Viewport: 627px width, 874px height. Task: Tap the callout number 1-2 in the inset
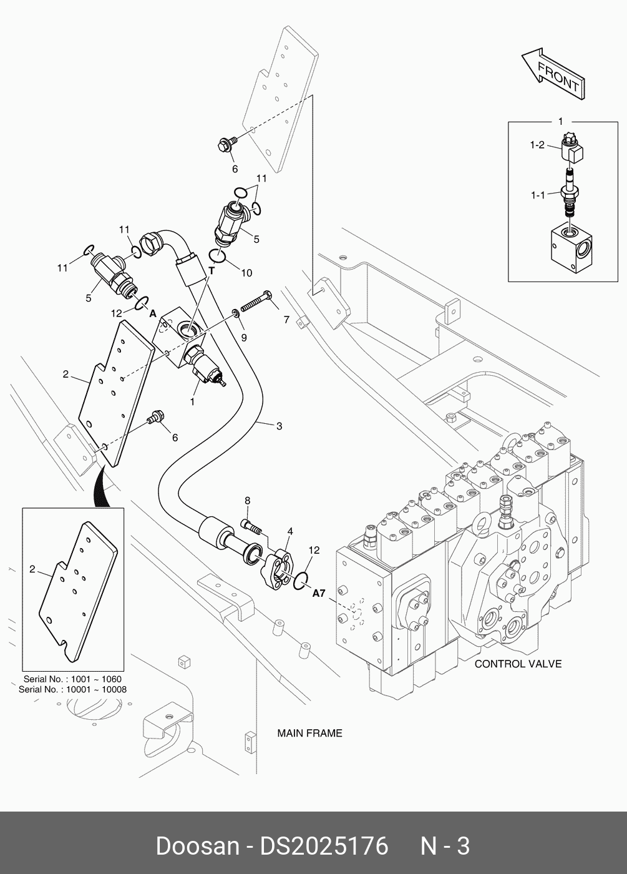537,145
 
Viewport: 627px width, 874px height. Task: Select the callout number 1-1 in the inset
538,195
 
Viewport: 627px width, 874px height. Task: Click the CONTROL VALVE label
518,664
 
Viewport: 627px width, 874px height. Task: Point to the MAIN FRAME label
309,733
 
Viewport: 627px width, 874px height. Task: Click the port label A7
319,594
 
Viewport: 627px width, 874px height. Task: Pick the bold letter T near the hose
211,271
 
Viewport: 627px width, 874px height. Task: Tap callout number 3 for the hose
279,426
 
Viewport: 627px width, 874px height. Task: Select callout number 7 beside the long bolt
286,320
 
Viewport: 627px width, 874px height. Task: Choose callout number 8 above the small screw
247,500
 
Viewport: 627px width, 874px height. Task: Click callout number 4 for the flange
289,531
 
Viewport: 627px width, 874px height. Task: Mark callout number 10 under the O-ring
246,273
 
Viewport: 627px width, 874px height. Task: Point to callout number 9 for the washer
244,338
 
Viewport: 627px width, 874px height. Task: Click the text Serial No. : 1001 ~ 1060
72,679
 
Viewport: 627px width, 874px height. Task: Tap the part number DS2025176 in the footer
324,846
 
